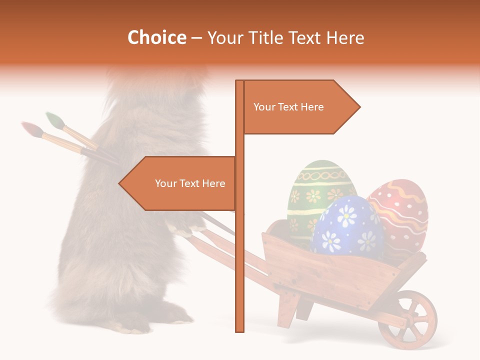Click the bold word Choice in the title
[156, 37]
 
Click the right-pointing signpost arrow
[300, 107]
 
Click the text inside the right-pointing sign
[288, 107]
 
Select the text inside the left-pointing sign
[190, 183]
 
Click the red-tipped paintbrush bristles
[30, 127]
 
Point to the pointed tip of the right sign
[358, 107]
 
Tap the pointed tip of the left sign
[120, 183]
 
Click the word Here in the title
[345, 37]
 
